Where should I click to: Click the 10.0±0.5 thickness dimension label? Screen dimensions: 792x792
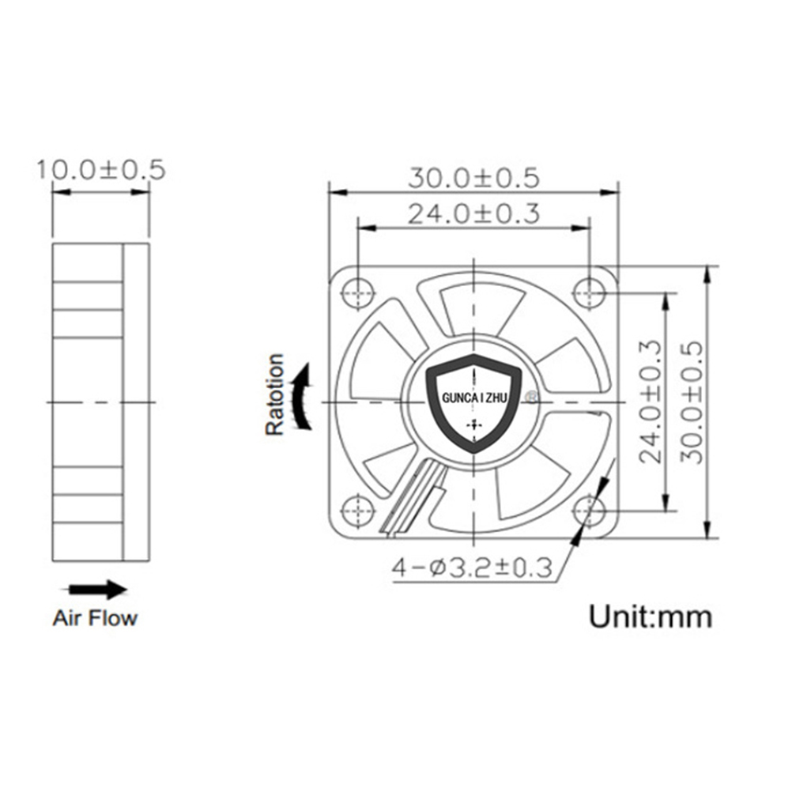(x=101, y=170)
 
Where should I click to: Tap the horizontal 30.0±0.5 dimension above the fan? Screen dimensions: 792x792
(x=473, y=179)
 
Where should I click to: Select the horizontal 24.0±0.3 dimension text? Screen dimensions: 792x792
(x=473, y=213)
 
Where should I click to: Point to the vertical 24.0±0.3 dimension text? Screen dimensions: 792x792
(x=650, y=402)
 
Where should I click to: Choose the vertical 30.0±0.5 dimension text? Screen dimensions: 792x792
(x=692, y=402)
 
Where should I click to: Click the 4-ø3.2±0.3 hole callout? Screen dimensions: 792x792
(x=472, y=568)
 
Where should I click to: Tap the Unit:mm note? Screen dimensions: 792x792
(x=651, y=617)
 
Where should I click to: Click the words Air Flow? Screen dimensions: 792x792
(x=95, y=618)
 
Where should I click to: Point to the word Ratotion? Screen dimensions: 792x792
(x=275, y=394)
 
